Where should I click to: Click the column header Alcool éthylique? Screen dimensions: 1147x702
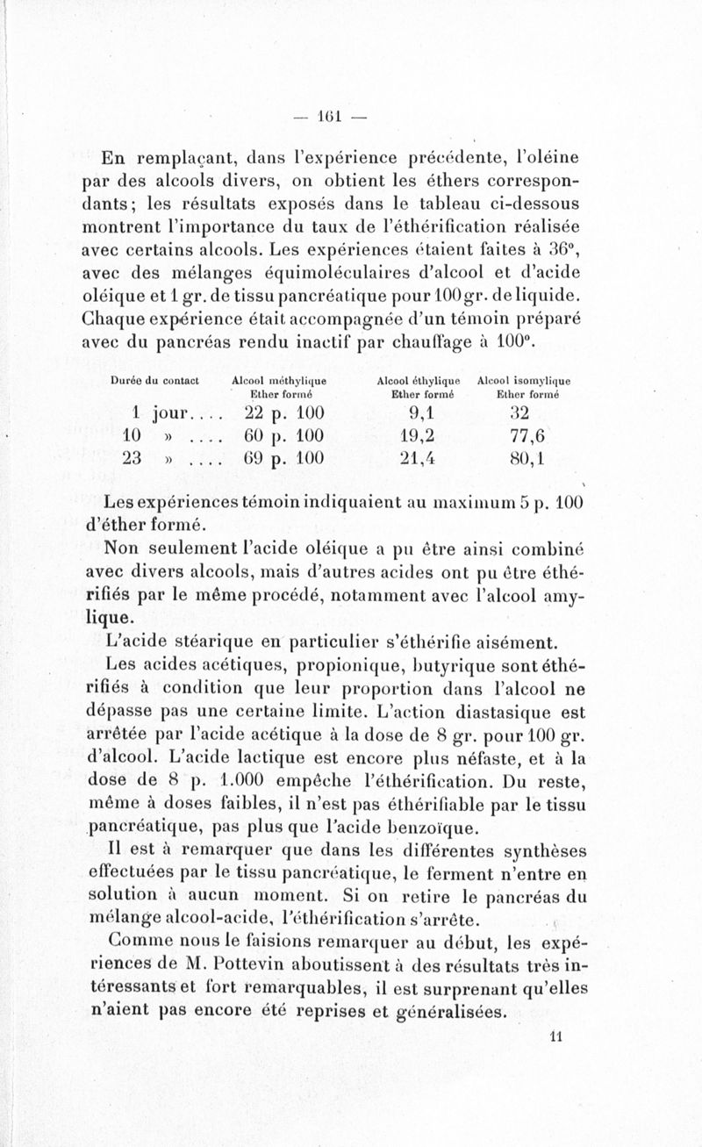click(x=418, y=381)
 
